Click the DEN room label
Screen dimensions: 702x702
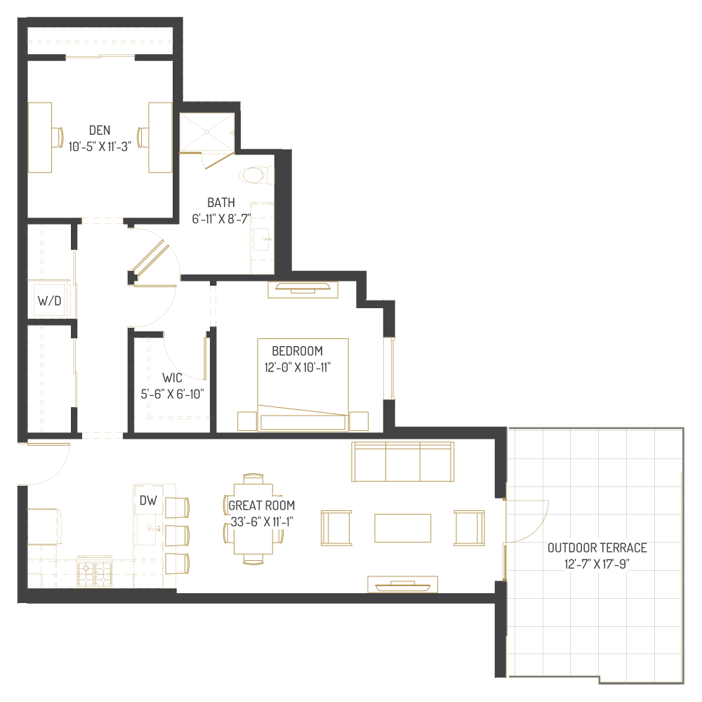point(100,130)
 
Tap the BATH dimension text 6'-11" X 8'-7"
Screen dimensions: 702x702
point(221,218)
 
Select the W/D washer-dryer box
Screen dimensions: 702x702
point(49,301)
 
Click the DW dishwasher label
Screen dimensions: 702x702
point(147,501)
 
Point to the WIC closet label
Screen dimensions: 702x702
point(172,378)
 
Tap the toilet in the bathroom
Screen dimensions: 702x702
point(254,174)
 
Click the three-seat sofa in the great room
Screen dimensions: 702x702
point(402,462)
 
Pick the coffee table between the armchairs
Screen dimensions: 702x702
point(402,528)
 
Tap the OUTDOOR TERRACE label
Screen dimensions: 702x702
point(597,548)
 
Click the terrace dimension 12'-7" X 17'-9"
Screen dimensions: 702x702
point(597,563)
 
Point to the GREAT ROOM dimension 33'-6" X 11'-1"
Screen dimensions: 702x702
point(261,522)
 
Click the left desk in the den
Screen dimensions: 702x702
point(40,137)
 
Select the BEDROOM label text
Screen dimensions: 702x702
point(297,351)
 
